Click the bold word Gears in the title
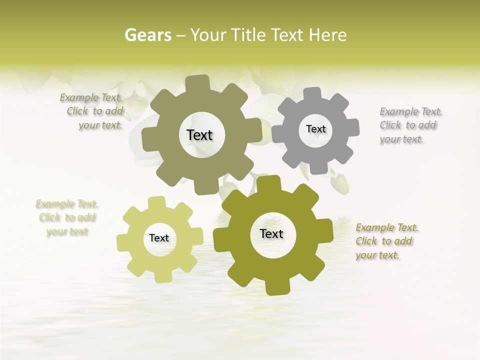(147, 35)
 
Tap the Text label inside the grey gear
(315, 129)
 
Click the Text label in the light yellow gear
(159, 238)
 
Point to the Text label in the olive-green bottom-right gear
(271, 233)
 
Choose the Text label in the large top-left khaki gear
(199, 135)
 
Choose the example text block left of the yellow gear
(67, 217)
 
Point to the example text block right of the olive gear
(386, 241)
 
